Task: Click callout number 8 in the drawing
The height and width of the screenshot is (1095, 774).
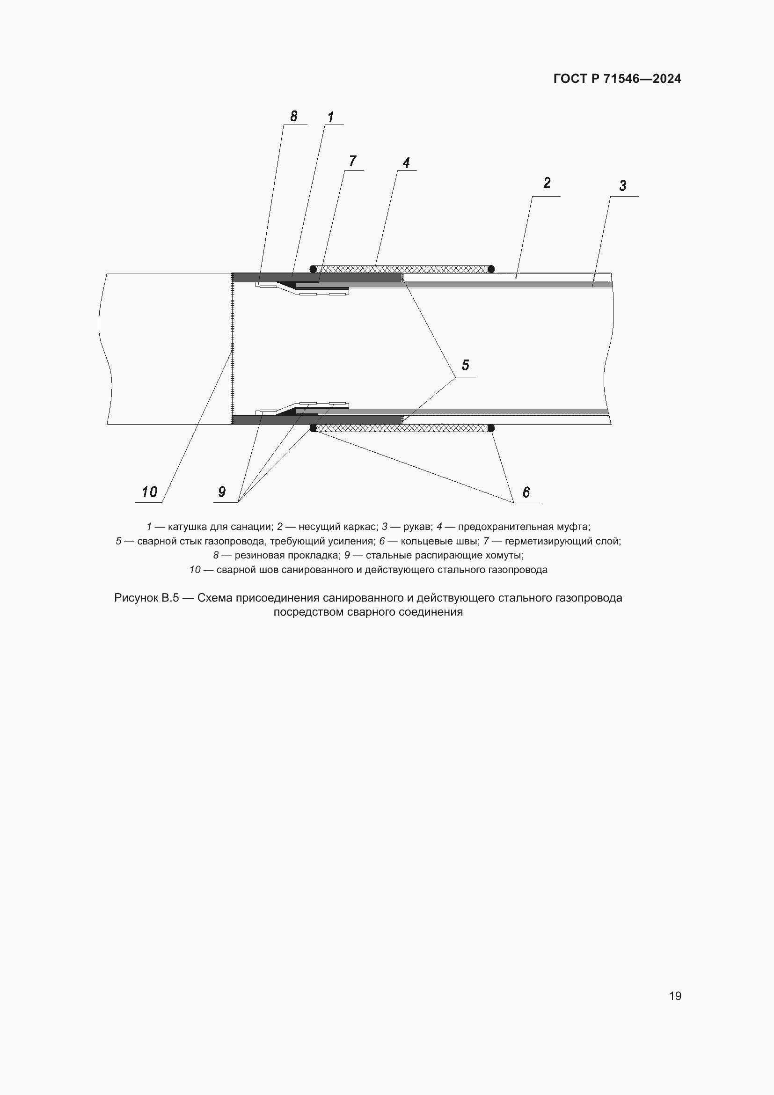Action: tap(293, 116)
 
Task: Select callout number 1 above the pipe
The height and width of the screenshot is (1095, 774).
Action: tap(331, 117)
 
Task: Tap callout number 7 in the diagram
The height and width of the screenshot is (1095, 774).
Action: tap(353, 161)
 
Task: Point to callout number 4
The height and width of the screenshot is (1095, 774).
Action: tap(406, 163)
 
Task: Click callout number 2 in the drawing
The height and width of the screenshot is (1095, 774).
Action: tap(547, 183)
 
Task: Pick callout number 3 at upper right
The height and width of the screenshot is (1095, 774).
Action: tap(622, 185)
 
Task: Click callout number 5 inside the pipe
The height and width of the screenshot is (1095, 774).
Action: tap(465, 365)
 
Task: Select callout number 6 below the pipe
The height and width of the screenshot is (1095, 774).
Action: tap(526, 492)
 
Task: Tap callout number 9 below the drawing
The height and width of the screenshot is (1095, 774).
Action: tap(222, 492)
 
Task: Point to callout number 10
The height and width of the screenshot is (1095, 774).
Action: tap(149, 492)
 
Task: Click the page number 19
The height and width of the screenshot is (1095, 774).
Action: tap(675, 996)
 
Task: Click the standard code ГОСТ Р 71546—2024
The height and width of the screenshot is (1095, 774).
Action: tap(617, 79)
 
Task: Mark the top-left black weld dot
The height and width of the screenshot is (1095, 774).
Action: tap(313, 269)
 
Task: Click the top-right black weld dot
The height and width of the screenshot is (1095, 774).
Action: tap(491, 269)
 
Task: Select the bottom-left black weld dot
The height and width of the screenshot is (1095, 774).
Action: tap(313, 428)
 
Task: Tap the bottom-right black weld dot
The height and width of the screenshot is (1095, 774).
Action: tap(491, 428)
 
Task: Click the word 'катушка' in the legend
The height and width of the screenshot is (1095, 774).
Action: tap(187, 527)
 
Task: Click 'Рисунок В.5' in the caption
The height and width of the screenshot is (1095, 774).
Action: tap(146, 598)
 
